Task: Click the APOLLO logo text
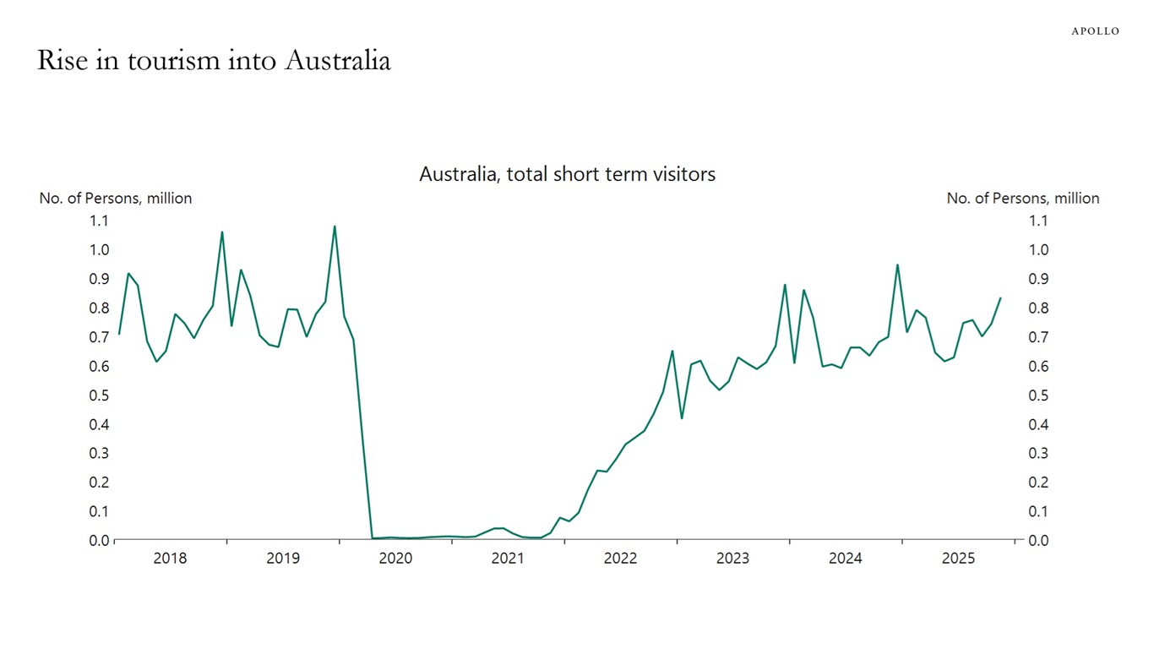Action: tap(1095, 31)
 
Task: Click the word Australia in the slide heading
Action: tap(337, 62)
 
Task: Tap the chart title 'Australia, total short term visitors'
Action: tap(567, 174)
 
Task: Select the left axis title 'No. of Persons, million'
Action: tap(116, 199)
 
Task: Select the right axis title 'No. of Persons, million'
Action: tap(1022, 199)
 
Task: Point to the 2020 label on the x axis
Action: tap(395, 559)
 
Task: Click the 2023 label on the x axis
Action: tap(732, 559)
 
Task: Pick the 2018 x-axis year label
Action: tap(171, 559)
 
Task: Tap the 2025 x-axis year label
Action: tap(958, 559)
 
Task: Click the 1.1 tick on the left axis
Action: tap(100, 221)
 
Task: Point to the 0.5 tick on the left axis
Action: tap(100, 395)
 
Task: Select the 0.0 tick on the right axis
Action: tap(1038, 541)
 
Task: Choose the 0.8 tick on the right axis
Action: tap(1038, 308)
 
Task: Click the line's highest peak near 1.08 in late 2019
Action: tap(335, 226)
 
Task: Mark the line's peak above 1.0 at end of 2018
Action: tap(222, 232)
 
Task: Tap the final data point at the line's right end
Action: tap(1000, 297)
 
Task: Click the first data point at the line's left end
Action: tap(119, 334)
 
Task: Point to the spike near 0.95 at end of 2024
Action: tap(897, 265)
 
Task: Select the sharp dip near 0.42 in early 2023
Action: tap(682, 417)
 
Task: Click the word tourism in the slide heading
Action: tap(178, 62)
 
